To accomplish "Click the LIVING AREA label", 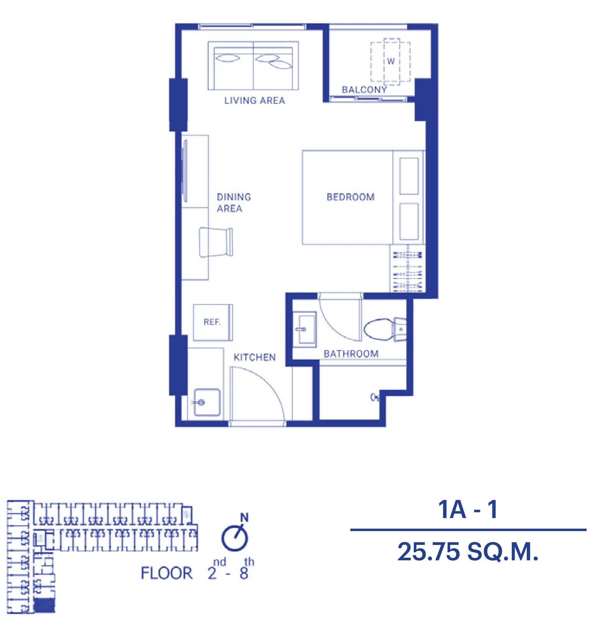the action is tap(254, 100).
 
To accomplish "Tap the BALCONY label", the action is tap(364, 90).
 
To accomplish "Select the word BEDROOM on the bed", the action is tap(351, 197).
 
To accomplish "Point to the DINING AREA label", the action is tap(234, 203).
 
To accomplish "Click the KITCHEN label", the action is tap(255, 357).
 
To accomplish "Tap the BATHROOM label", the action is tap(351, 354).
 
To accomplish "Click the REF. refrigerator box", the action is tap(213, 323).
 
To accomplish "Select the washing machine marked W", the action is tap(390, 61).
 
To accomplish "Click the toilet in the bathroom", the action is tap(385, 329).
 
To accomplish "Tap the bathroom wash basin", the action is tap(305, 329).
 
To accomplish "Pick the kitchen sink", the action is tap(207, 402).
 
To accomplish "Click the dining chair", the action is tap(216, 242).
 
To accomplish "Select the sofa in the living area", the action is tap(253, 66).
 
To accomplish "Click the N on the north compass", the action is tap(244, 517).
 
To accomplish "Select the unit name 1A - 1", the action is tap(468, 509).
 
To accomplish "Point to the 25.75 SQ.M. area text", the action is tap(468, 552).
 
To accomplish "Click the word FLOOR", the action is tap(167, 573).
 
